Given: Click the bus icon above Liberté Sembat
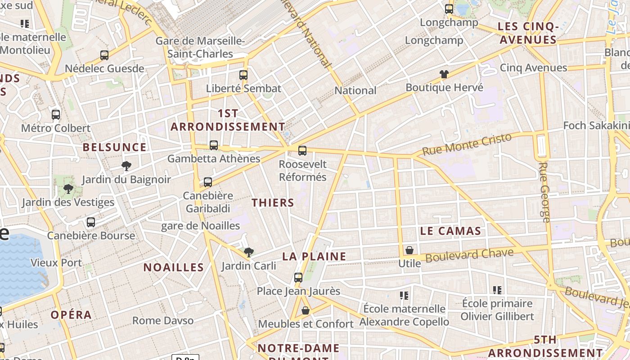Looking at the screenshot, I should tap(243, 75).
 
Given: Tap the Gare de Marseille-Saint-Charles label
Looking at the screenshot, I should tap(200, 47).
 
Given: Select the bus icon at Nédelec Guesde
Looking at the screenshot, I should tap(104, 55).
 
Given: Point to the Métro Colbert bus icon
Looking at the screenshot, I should tap(56, 115).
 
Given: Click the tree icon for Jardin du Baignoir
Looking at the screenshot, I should tap(126, 166).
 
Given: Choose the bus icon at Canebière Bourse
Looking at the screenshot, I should tap(91, 222).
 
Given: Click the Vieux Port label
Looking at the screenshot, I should tap(56, 263).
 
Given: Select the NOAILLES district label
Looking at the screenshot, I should tap(174, 267).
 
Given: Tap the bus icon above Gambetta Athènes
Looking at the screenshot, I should tap(214, 145).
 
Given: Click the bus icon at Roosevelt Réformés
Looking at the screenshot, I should tap(302, 151).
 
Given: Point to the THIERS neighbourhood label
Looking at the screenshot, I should tap(273, 202).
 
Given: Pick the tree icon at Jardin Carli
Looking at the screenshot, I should tap(248, 252).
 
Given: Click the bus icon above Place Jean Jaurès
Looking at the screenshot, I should tap(298, 278).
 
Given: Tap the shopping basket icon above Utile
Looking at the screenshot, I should tap(409, 250).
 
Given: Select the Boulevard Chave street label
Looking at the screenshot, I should tap(469, 255).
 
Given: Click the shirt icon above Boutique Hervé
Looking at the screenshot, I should tap(444, 74).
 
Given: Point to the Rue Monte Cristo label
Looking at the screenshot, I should tap(467, 144).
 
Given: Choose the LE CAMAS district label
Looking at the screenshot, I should tap(450, 231).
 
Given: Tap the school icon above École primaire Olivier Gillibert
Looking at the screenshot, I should tap(497, 290).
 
